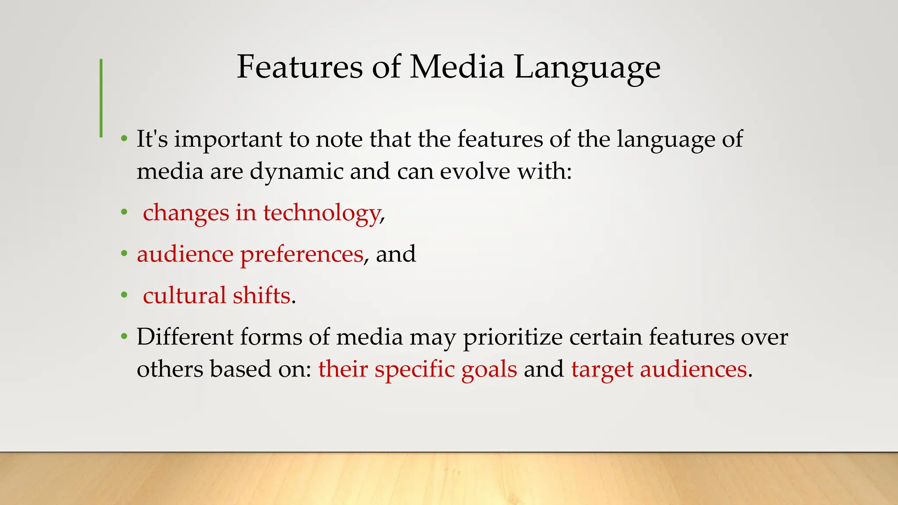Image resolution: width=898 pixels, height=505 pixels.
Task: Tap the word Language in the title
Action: [x=587, y=68]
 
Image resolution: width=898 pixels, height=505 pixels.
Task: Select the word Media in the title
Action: [x=457, y=67]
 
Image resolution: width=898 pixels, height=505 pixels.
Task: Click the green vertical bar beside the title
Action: [x=101, y=98]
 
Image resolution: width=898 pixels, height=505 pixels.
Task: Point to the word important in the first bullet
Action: [x=228, y=139]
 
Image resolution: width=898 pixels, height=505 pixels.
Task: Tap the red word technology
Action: [x=321, y=213]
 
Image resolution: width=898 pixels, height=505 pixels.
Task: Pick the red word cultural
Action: [x=184, y=295]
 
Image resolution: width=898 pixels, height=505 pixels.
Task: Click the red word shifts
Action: [x=261, y=295]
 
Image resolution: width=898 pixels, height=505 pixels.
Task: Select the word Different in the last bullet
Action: [x=185, y=337]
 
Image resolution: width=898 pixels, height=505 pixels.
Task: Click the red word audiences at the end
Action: [x=693, y=369]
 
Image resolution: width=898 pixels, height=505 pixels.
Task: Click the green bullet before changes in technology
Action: [x=125, y=213]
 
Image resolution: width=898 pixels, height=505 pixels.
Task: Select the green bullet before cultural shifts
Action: [x=125, y=295]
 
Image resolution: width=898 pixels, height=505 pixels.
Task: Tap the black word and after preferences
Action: [x=396, y=254]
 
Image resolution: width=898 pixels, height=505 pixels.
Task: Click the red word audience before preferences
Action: [x=185, y=254]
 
